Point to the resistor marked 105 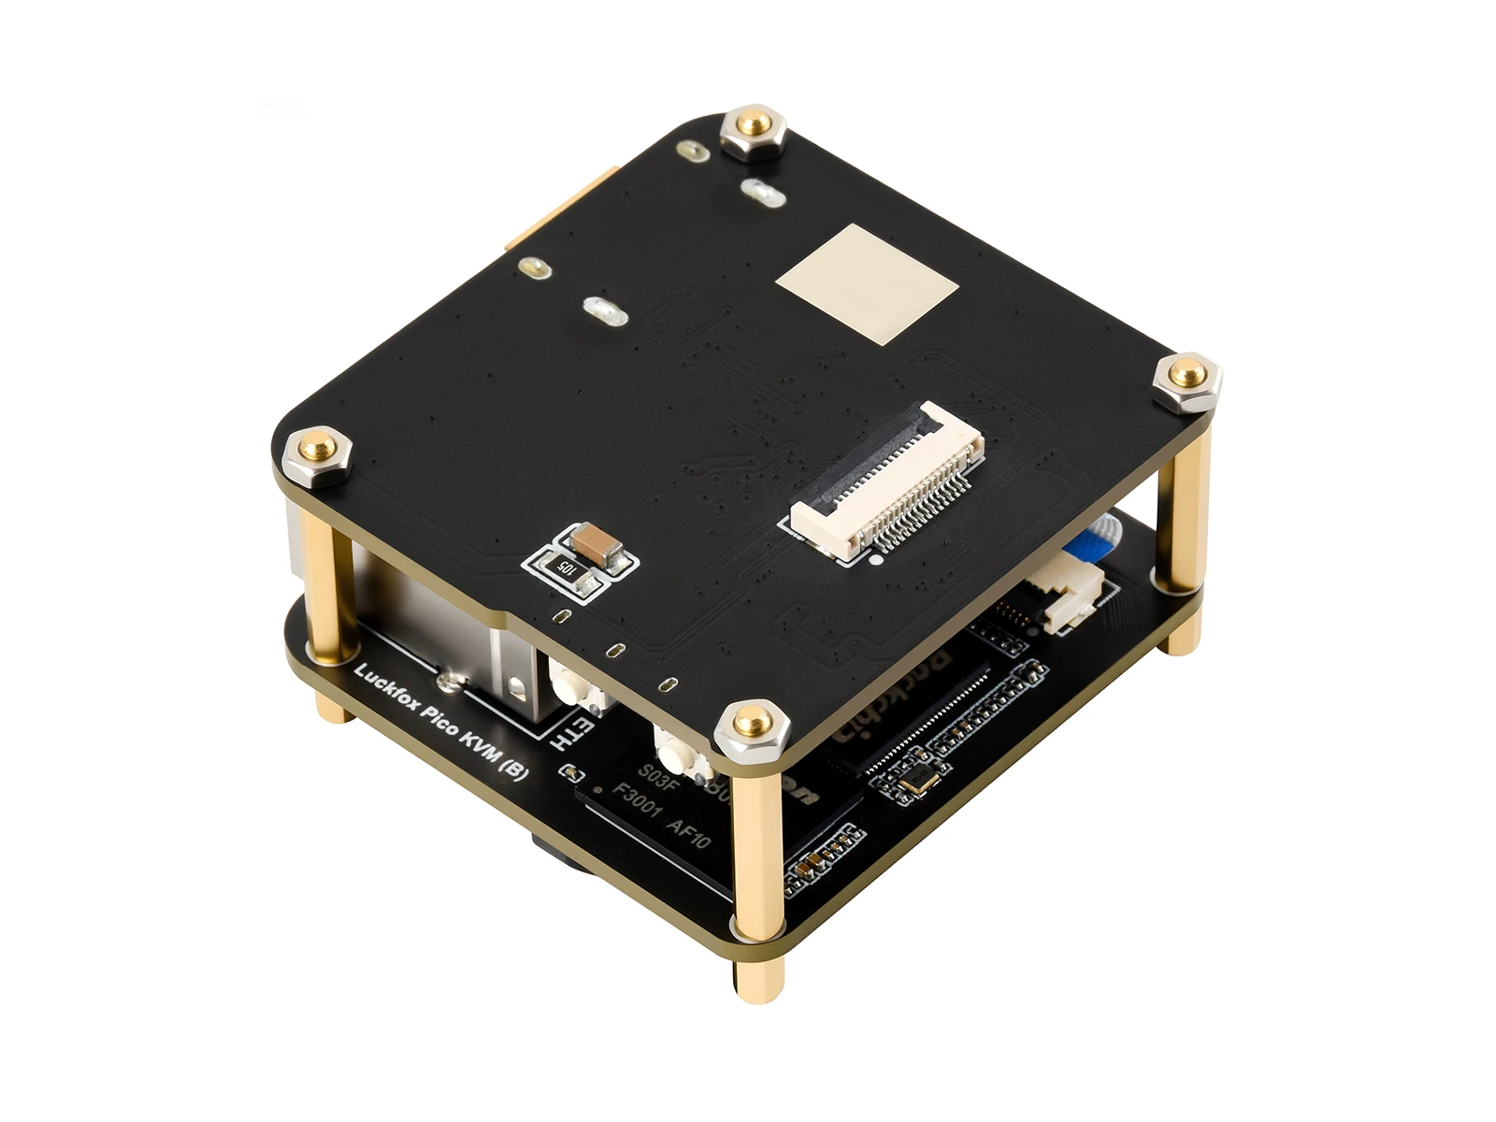coord(565,566)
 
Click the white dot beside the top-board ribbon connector coord(875,562)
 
